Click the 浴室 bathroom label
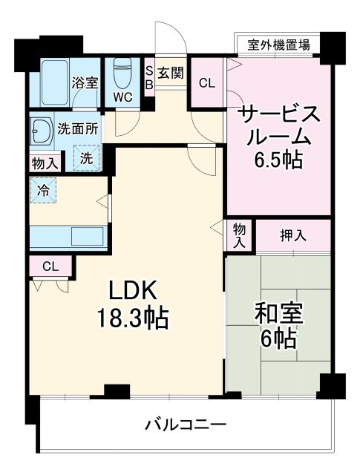tap(84, 82)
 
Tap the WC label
tap(122, 96)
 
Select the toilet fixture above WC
tap(122, 73)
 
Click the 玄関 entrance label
tap(171, 73)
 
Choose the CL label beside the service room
tap(208, 83)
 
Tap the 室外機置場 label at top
tap(278, 45)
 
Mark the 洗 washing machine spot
tap(86, 157)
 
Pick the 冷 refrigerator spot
tap(44, 190)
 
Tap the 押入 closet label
tap(292, 235)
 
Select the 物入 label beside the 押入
tap(240, 235)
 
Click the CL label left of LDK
tap(50, 266)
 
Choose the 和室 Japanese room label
tap(280, 312)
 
